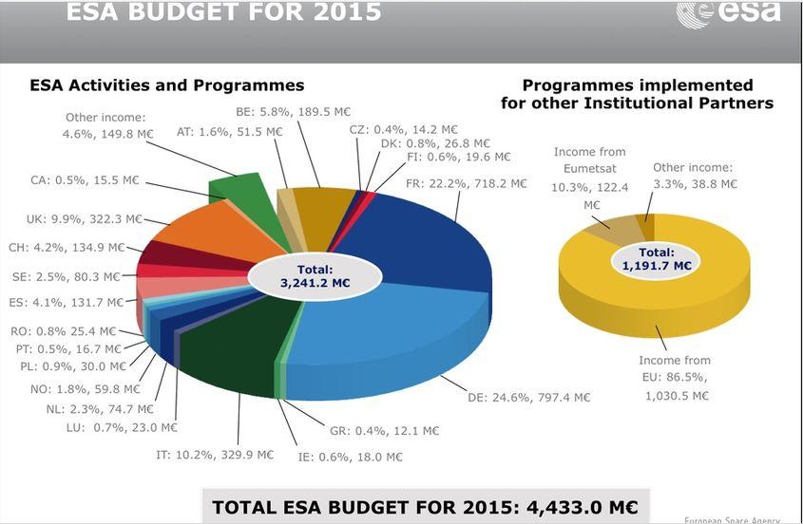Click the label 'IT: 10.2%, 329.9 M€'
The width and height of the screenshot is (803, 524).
pyautogui.click(x=214, y=455)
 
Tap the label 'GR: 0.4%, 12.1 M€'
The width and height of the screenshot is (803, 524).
pyautogui.click(x=384, y=430)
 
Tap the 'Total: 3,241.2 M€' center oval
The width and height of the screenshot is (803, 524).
pyautogui.click(x=315, y=276)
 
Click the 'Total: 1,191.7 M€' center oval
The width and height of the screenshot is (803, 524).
pyautogui.click(x=656, y=259)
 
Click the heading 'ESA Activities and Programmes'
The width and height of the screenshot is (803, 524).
pyautogui.click(x=167, y=85)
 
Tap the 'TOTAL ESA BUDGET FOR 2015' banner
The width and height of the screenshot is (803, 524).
pyautogui.click(x=425, y=507)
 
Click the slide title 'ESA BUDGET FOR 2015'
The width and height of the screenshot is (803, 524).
pyautogui.click(x=223, y=12)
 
